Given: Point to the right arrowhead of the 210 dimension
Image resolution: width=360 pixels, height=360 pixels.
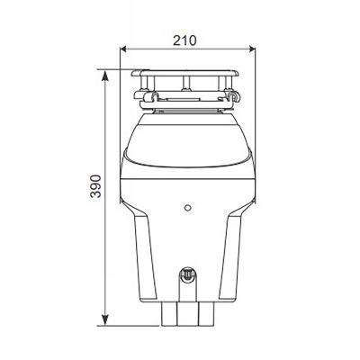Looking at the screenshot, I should [246, 51].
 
